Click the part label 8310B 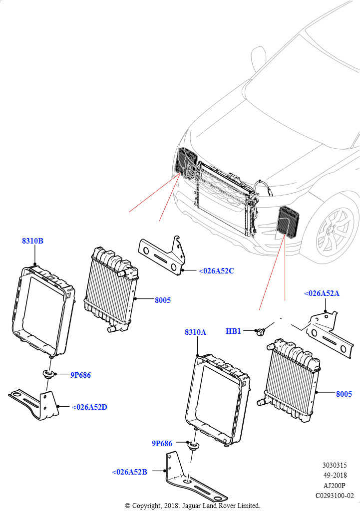pos(32,241)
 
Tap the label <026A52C pos(216,271)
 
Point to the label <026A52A pos(322,293)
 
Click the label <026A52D pos(89,407)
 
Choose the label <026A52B pos(129,472)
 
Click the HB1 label pos(233,331)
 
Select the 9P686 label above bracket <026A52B pos(162,443)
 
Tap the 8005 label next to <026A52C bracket pos(163,300)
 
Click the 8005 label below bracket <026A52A pos(344,394)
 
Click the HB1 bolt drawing pos(260,331)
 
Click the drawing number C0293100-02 pos(334,496)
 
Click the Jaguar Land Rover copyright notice pos(192,506)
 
